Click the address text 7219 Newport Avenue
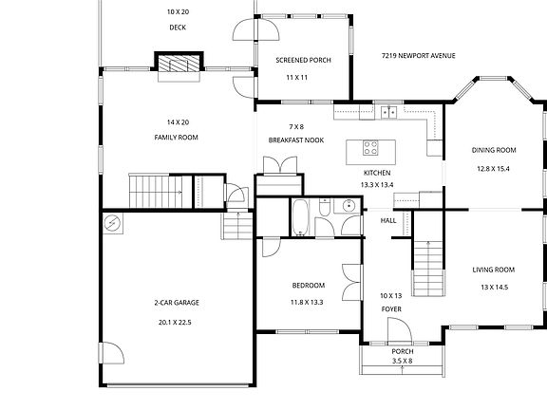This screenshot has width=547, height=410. tap(418, 56)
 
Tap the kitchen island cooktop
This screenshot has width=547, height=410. tap(370, 147)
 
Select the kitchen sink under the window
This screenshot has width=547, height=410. tap(388, 112)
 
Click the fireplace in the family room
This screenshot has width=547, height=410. tap(179, 63)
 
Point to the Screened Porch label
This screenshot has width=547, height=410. tap(303, 60)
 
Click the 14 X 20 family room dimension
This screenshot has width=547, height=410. tap(178, 122)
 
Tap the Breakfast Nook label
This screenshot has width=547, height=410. tap(296, 140)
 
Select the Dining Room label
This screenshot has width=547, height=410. tap(494, 150)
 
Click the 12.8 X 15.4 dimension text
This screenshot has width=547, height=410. tap(493, 169)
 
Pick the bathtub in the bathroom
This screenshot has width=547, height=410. tap(300, 217)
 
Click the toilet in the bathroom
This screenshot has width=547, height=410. tap(325, 207)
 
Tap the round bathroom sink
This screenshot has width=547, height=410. tap(349, 206)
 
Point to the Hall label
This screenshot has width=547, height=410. tap(388, 221)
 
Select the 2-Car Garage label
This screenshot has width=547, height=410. tap(177, 303)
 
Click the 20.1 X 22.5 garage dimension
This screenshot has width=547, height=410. tap(175, 323)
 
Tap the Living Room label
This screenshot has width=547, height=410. tap(494, 270)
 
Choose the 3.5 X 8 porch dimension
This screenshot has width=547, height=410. tap(403, 361)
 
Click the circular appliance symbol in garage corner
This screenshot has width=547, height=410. tap(113, 222)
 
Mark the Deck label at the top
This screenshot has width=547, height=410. tap(178, 28)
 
